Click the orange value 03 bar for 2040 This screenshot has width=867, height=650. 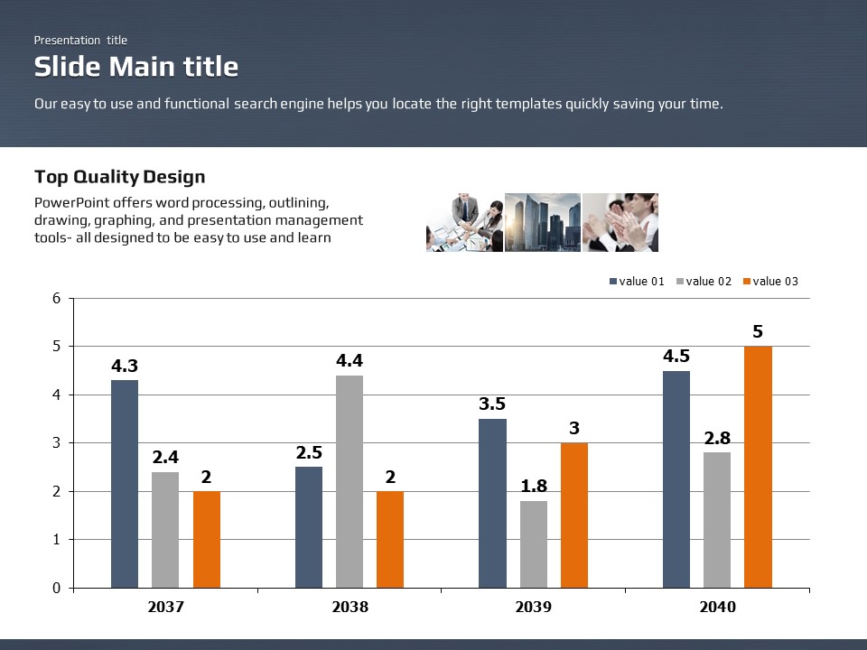[x=758, y=467]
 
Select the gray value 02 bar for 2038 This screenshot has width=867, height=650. [x=350, y=481]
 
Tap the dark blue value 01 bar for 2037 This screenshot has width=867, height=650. [x=125, y=484]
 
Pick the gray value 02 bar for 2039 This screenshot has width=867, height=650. [x=534, y=544]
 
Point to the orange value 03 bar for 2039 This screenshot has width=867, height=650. [x=574, y=515]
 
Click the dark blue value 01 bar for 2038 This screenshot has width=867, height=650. [x=309, y=527]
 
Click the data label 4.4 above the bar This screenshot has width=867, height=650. [x=350, y=361]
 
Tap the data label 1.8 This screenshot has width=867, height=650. [x=534, y=487]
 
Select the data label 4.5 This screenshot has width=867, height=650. [x=676, y=357]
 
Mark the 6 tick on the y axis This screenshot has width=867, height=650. [x=56, y=298]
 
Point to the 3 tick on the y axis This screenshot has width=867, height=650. [x=56, y=443]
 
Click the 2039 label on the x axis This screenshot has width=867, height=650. [x=534, y=608]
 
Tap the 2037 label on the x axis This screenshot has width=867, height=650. [x=165, y=608]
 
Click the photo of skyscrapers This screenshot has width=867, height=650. [x=542, y=222]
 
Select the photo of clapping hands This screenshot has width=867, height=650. [x=620, y=222]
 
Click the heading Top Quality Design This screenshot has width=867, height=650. [x=119, y=177]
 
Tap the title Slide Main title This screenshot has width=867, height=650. [x=136, y=67]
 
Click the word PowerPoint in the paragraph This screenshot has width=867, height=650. [x=70, y=202]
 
